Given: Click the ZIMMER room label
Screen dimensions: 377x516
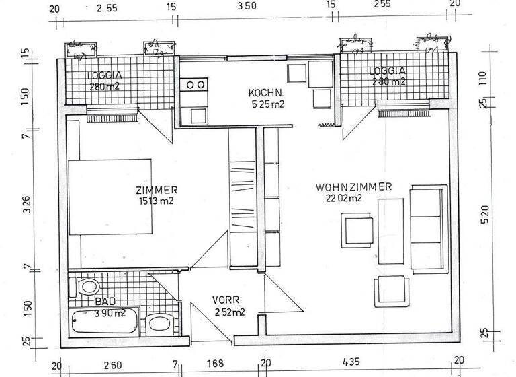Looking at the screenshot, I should click(156, 190).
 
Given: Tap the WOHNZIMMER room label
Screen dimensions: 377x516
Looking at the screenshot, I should click(353, 187).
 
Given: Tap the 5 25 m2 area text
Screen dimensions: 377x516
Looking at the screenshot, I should click(267, 104).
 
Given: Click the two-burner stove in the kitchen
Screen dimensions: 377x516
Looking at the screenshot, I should click(196, 85).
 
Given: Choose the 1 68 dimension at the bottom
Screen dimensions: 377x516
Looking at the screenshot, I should click(216, 364).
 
